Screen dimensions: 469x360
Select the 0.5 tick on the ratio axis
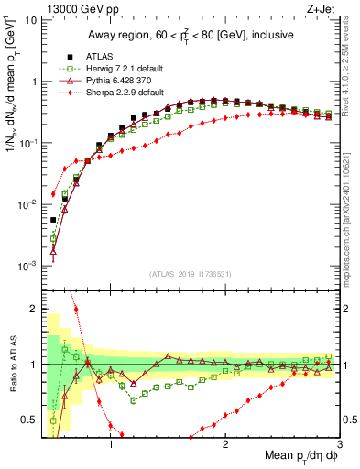click(x=32, y=420)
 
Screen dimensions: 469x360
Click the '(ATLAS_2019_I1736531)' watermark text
click(x=191, y=274)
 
